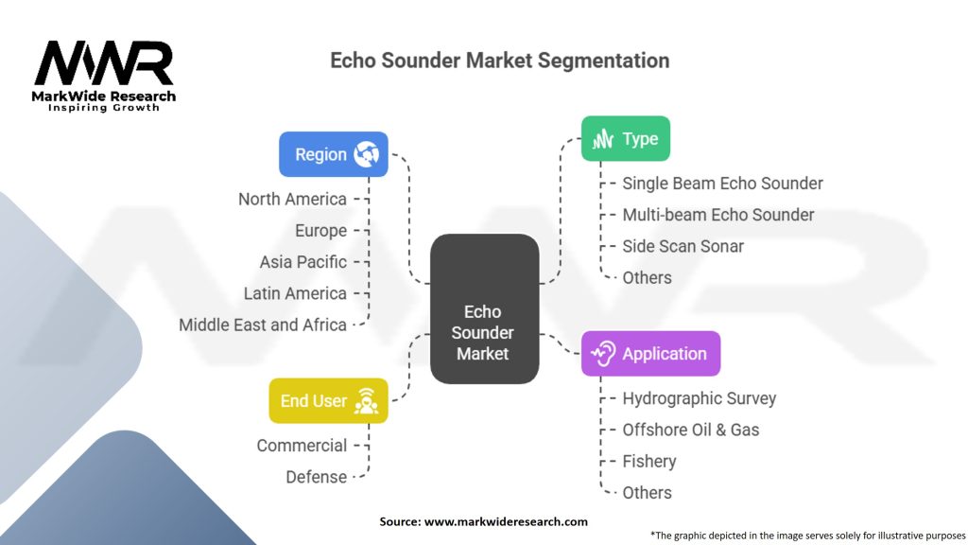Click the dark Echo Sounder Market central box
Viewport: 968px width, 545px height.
pos(483,309)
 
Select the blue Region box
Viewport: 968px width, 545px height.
pos(334,154)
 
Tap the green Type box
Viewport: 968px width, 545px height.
pos(625,139)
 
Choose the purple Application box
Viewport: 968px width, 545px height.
pos(650,354)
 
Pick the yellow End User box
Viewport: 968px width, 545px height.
pos(328,401)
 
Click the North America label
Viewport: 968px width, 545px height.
pos(292,199)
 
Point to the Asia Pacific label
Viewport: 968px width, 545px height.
pos(303,262)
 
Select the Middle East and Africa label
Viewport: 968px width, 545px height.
pos(263,325)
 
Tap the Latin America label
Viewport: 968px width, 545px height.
pos(295,293)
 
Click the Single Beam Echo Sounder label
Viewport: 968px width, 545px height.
pos(722,184)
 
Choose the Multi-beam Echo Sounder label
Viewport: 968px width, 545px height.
pos(717,215)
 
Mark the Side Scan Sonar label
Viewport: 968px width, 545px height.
pos(683,246)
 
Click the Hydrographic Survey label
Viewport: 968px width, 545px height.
pos(699,398)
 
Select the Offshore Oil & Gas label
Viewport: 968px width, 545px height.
pos(690,430)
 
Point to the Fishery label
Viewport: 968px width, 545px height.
pos(648,462)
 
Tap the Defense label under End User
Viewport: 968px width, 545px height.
pos(316,477)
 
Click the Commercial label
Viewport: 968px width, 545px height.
pos(302,446)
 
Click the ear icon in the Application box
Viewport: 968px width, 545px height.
pos(603,354)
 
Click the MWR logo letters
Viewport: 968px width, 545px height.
pos(104,64)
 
